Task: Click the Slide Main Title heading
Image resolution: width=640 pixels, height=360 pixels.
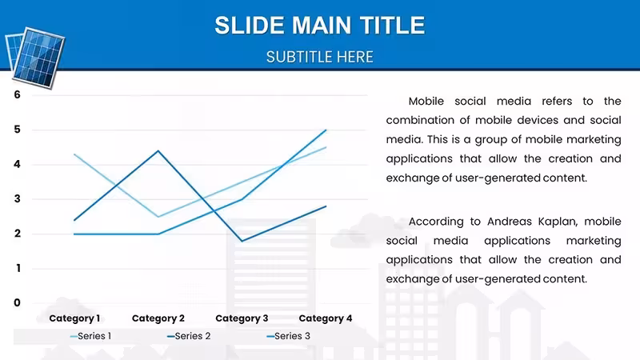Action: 319,26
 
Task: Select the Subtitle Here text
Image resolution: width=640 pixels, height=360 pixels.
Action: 319,57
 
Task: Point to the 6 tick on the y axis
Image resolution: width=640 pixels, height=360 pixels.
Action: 17,94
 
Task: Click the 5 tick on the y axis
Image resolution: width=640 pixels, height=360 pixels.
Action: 17,130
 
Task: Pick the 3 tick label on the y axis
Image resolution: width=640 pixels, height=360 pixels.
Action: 17,198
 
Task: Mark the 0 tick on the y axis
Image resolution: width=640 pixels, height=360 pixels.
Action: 17,303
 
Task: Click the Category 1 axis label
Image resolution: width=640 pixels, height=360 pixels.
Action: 74,318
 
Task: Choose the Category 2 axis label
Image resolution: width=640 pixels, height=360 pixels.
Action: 158,318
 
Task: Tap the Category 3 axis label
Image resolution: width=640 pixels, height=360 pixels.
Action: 242,318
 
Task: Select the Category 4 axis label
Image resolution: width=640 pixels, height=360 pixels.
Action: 326,318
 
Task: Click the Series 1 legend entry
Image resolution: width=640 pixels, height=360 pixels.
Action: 90,336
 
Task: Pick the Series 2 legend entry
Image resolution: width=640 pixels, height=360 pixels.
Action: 189,336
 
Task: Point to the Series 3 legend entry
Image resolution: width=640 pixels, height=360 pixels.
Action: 288,336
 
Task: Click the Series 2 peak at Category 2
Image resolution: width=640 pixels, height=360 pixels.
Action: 158,151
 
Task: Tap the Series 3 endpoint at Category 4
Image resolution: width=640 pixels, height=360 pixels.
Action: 326,130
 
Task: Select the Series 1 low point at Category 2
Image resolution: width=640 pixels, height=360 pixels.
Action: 158,216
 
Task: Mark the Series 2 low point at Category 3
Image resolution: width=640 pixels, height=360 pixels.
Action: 242,241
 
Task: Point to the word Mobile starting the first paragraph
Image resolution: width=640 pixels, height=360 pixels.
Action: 426,102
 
